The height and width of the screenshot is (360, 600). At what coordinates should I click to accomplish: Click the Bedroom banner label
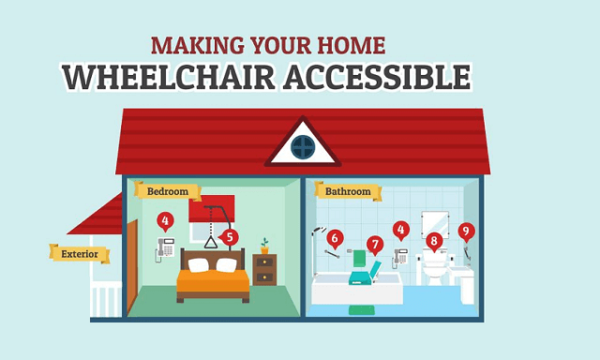pos(168,191)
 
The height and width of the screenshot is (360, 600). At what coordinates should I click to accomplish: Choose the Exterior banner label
pos(80,253)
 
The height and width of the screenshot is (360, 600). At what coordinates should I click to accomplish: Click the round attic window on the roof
pos(302,146)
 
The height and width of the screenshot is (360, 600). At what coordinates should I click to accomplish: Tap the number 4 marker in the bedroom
pos(166,222)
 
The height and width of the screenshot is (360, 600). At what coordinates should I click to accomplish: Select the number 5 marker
pos(231,237)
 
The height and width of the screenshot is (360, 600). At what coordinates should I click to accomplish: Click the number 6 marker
pos(335,238)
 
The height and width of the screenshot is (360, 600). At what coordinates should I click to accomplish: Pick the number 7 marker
pos(375,246)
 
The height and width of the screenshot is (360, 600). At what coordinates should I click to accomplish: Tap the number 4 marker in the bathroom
pos(401,228)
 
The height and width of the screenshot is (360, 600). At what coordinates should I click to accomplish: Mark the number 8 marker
pos(433,240)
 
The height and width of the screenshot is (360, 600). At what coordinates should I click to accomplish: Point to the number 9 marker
pos(466,230)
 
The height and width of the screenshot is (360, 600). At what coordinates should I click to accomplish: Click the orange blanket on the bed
pos(213,279)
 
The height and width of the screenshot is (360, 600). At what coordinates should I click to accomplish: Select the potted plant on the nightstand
pos(264,246)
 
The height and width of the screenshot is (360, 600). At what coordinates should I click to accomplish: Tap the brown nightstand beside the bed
pos(264,271)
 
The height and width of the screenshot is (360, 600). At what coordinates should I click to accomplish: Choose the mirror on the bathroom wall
pos(434,223)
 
